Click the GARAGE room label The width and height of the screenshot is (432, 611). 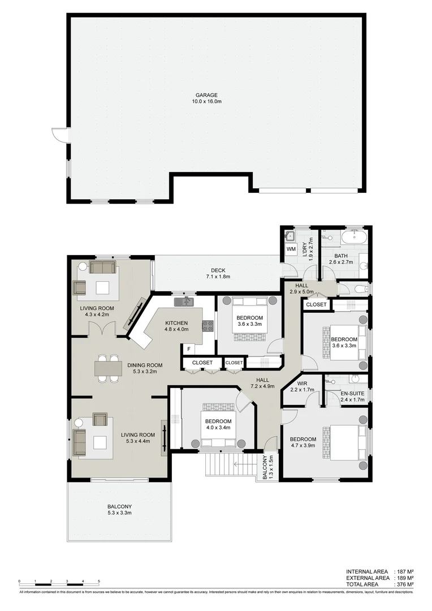click(206, 95)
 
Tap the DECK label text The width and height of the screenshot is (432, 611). click(218, 270)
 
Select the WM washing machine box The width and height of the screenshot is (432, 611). click(291, 248)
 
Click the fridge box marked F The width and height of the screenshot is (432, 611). click(188, 348)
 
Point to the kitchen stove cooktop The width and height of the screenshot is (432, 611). click(208, 326)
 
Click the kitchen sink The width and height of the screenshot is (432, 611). click(184, 302)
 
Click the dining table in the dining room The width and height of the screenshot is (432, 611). click(107, 368)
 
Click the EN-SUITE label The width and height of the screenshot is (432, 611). click(353, 393)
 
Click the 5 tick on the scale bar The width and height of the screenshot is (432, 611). click(99, 581)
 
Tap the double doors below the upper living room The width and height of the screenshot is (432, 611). click(103, 328)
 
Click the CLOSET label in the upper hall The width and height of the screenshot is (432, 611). click(317, 304)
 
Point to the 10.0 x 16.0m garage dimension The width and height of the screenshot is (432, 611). click(206, 102)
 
